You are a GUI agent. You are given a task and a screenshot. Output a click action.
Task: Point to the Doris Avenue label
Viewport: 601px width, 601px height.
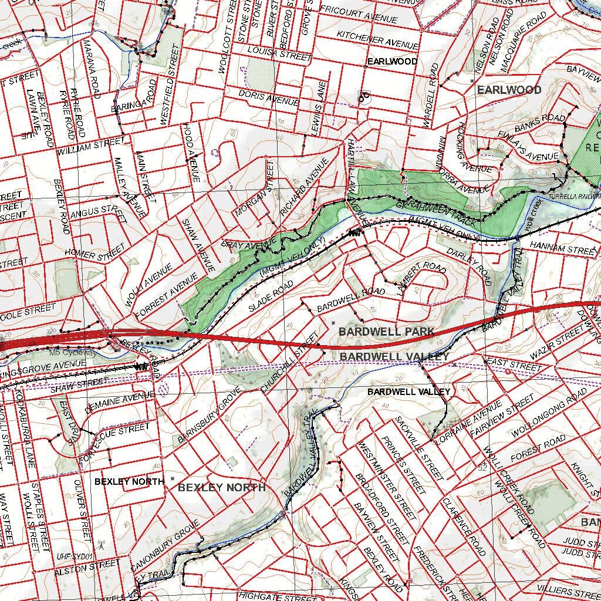(x=269, y=97)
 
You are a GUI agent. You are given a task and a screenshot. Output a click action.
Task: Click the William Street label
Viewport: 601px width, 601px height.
(x=91, y=146)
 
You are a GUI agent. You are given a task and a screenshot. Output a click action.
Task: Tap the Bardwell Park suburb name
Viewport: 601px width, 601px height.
(x=386, y=332)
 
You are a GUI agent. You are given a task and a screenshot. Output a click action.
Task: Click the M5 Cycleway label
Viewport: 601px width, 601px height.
(x=72, y=352)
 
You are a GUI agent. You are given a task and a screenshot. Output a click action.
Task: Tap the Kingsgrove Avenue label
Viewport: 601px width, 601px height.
(x=43, y=369)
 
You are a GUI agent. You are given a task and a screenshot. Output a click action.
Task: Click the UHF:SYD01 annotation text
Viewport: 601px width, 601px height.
(x=76, y=556)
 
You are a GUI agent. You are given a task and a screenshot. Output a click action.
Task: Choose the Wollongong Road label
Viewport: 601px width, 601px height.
(x=540, y=418)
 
